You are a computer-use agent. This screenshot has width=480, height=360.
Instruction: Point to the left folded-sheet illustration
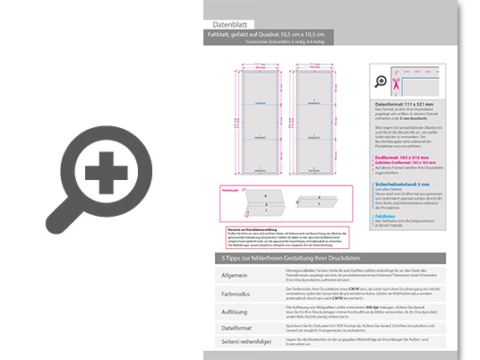[x=259, y=200]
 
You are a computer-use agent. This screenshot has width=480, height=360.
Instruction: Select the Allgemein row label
[x=228, y=273]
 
